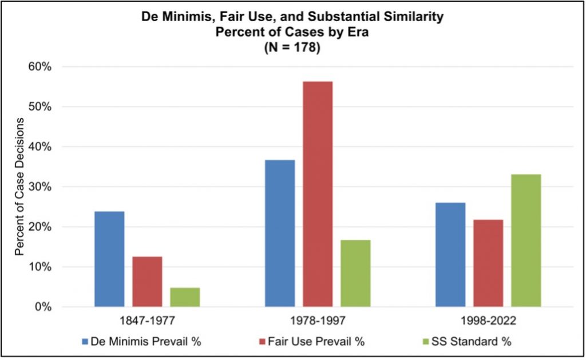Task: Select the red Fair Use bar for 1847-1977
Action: (147, 282)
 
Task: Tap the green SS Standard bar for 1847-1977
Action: (185, 297)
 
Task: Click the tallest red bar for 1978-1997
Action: (318, 194)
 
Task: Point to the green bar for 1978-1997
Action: (355, 273)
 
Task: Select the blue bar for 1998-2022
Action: (450, 255)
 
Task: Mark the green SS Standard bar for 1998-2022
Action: (526, 240)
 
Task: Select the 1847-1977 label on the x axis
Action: (147, 321)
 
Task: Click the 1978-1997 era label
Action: (318, 321)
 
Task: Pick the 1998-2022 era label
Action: (488, 321)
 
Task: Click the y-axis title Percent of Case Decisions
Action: (21, 187)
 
